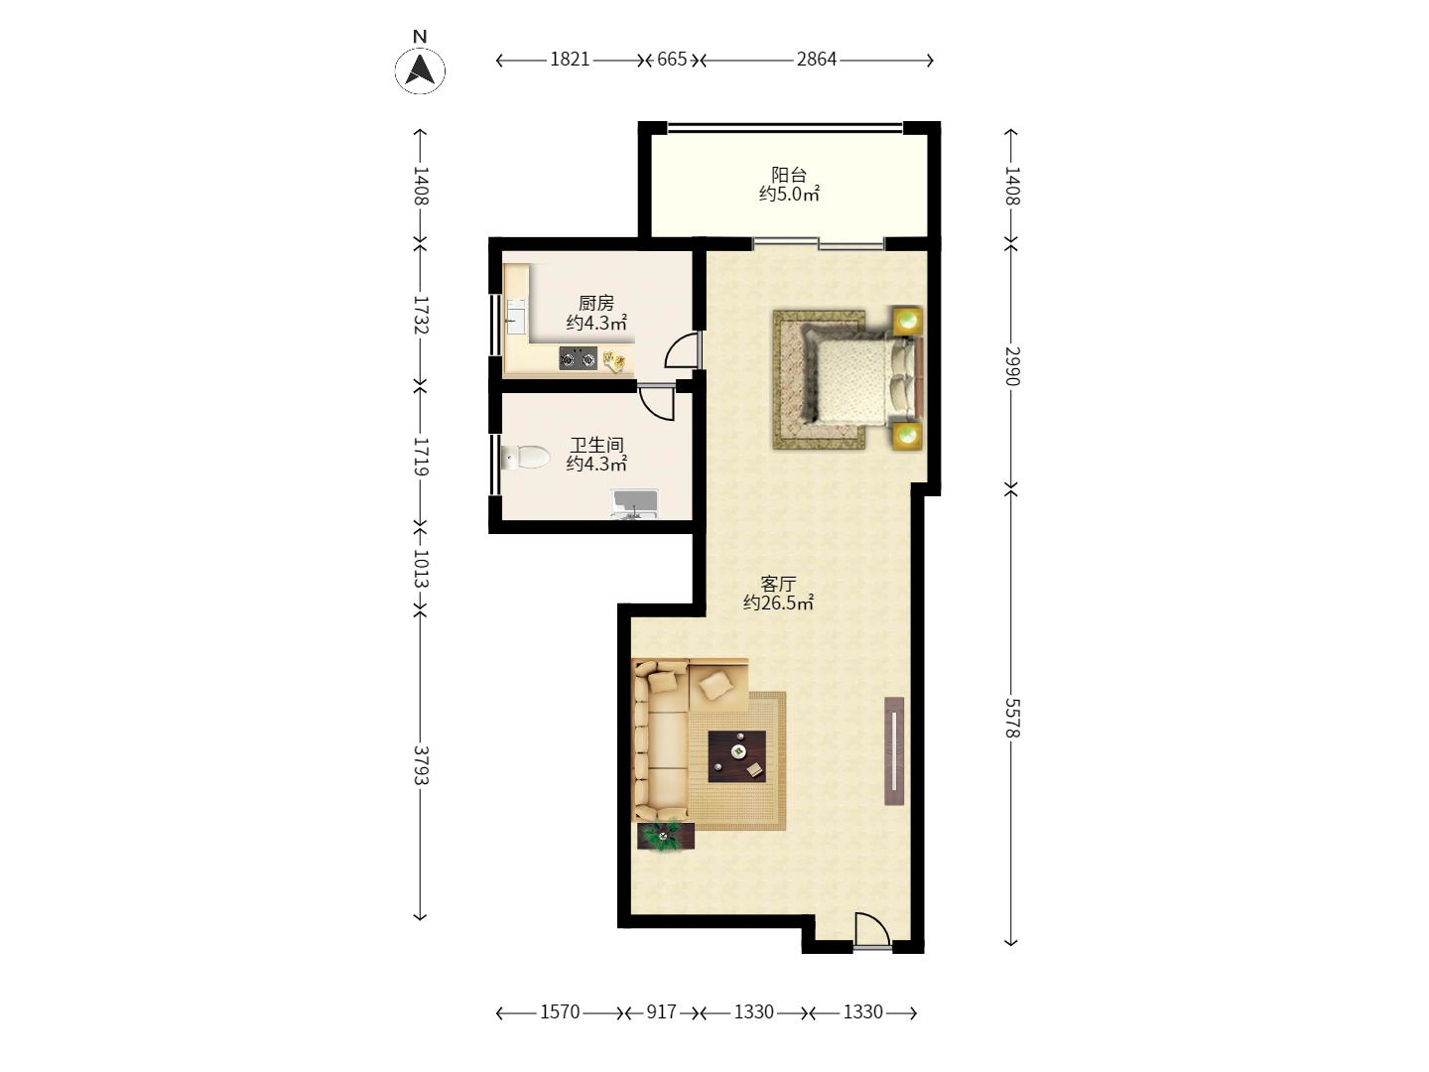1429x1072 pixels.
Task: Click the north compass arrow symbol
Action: click(420, 69)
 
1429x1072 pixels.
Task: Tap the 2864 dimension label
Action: click(817, 60)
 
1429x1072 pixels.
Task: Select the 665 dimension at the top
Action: click(672, 60)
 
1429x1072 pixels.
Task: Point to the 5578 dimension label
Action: click(1011, 718)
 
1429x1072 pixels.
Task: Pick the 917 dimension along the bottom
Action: click(661, 1012)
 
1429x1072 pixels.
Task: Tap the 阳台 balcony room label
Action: click(789, 175)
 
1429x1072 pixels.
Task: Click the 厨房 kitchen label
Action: click(596, 303)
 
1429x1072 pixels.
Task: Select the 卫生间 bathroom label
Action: click(597, 445)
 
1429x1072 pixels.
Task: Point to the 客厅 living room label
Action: click(778, 584)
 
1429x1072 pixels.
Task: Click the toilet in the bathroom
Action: click(526, 457)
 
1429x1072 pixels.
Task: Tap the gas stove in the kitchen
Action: click(579, 358)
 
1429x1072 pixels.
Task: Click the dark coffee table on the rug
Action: click(737, 756)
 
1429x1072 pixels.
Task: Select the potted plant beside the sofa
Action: click(666, 837)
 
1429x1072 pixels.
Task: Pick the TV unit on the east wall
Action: click(894, 751)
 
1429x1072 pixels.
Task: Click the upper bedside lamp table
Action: click(908, 321)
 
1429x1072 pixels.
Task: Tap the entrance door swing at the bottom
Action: click(871, 930)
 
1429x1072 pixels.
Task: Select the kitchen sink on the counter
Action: click(516, 317)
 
